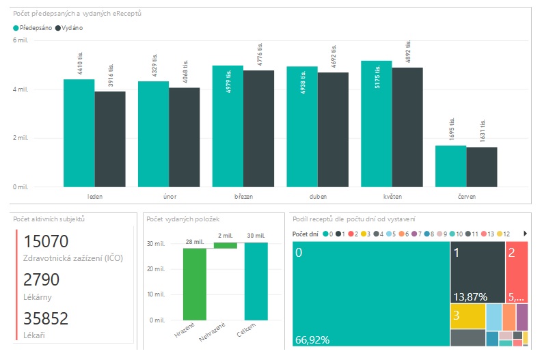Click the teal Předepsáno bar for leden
tap(79, 133)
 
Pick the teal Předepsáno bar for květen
tap(377, 124)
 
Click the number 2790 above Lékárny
tap(42, 279)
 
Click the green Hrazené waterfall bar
tap(194, 283)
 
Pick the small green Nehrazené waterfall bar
tap(225, 245)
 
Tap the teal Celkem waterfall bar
tap(256, 281)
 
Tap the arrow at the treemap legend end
tap(525, 234)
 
